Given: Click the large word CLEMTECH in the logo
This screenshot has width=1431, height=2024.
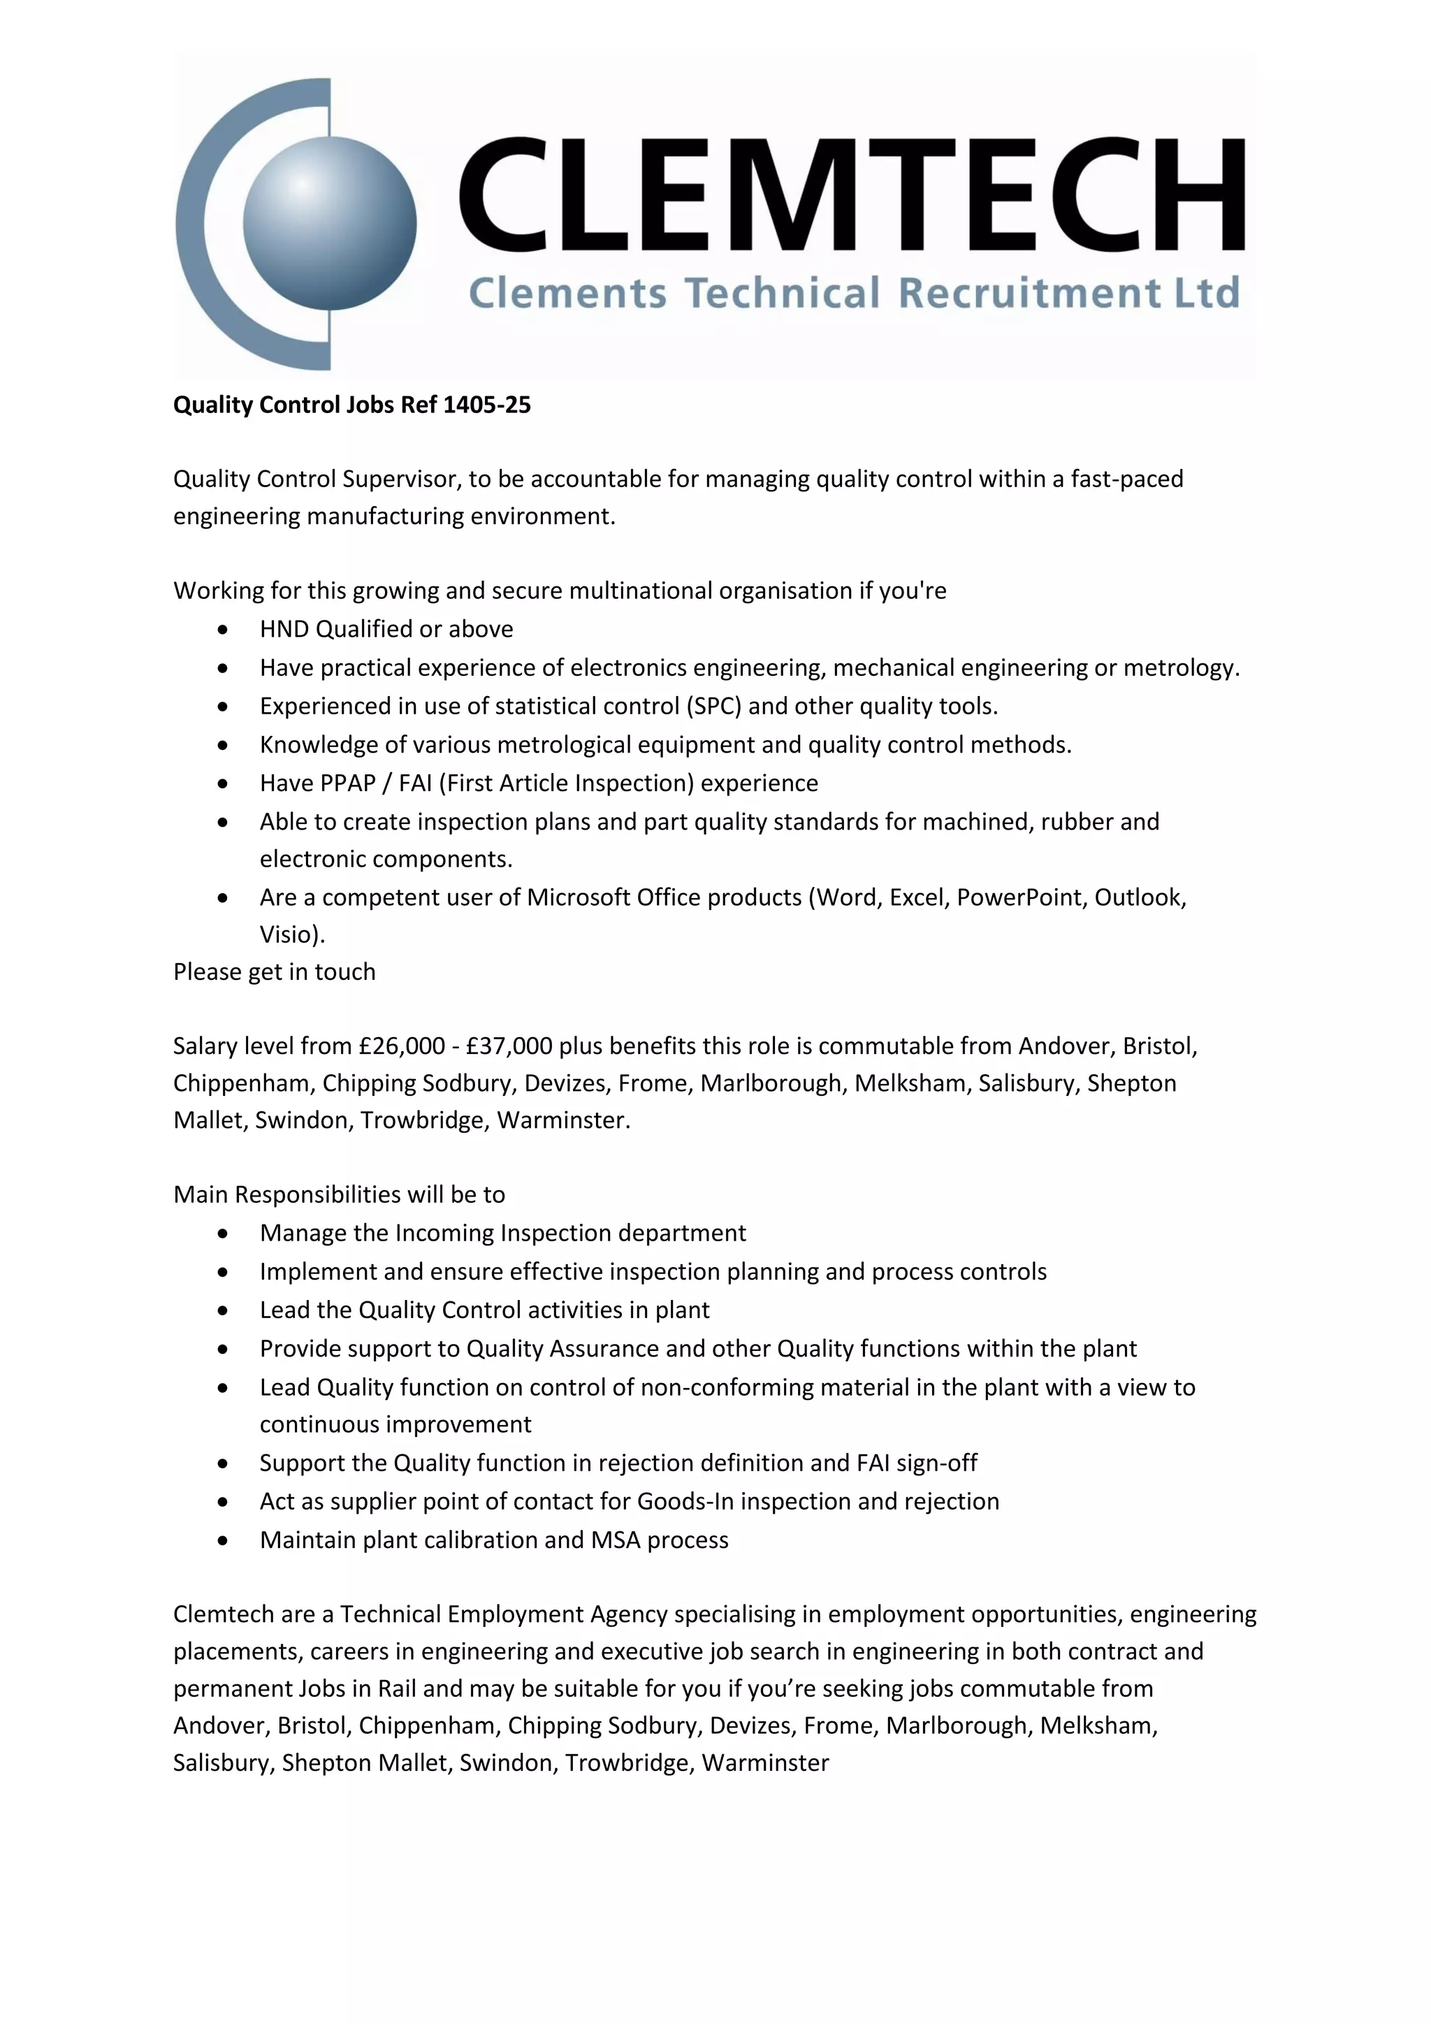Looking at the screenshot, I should point(850,195).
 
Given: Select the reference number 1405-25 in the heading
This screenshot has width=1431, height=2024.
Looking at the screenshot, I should point(486,405).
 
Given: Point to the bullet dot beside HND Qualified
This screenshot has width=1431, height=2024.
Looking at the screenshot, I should point(223,630).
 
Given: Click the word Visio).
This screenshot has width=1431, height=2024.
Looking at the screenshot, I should point(291,934).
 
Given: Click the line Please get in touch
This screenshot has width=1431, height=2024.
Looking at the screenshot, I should point(274,971).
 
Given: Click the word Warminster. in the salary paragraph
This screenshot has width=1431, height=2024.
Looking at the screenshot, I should point(564,1120).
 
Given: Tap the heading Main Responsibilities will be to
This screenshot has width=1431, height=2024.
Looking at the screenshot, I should point(340,1194).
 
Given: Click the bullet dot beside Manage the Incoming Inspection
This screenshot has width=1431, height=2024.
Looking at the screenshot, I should point(223,1234).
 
